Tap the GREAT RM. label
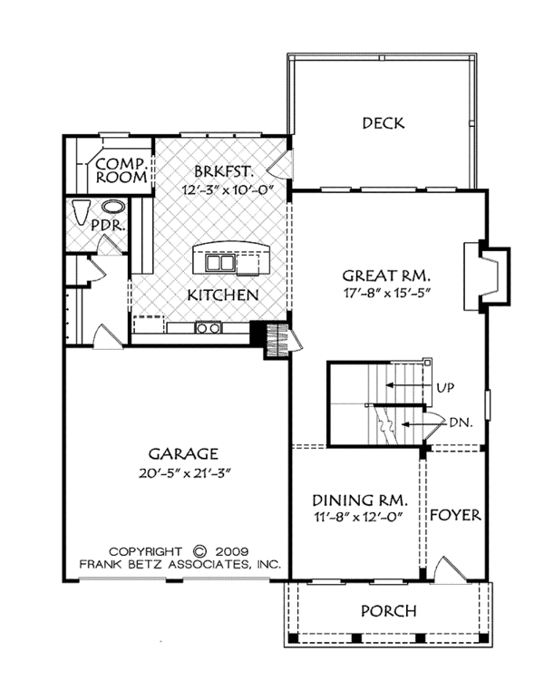tap(386, 276)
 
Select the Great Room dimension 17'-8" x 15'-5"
tap(386, 293)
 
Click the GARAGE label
tap(183, 453)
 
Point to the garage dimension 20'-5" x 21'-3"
tap(185, 473)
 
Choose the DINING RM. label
tap(360, 500)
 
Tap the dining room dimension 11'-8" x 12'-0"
tap(359, 517)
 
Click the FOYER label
tap(455, 515)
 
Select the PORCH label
tap(389, 611)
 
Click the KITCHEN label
tap(223, 295)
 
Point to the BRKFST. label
tap(224, 171)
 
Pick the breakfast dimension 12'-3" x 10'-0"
tap(228, 190)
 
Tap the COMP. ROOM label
tap(121, 170)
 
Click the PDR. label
tap(109, 226)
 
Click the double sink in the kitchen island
tap(219, 263)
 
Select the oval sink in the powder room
tap(113, 207)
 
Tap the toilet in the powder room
tap(82, 213)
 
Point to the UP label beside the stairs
tap(445, 388)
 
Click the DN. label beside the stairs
tap(461, 423)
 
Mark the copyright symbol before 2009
tap(199, 551)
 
